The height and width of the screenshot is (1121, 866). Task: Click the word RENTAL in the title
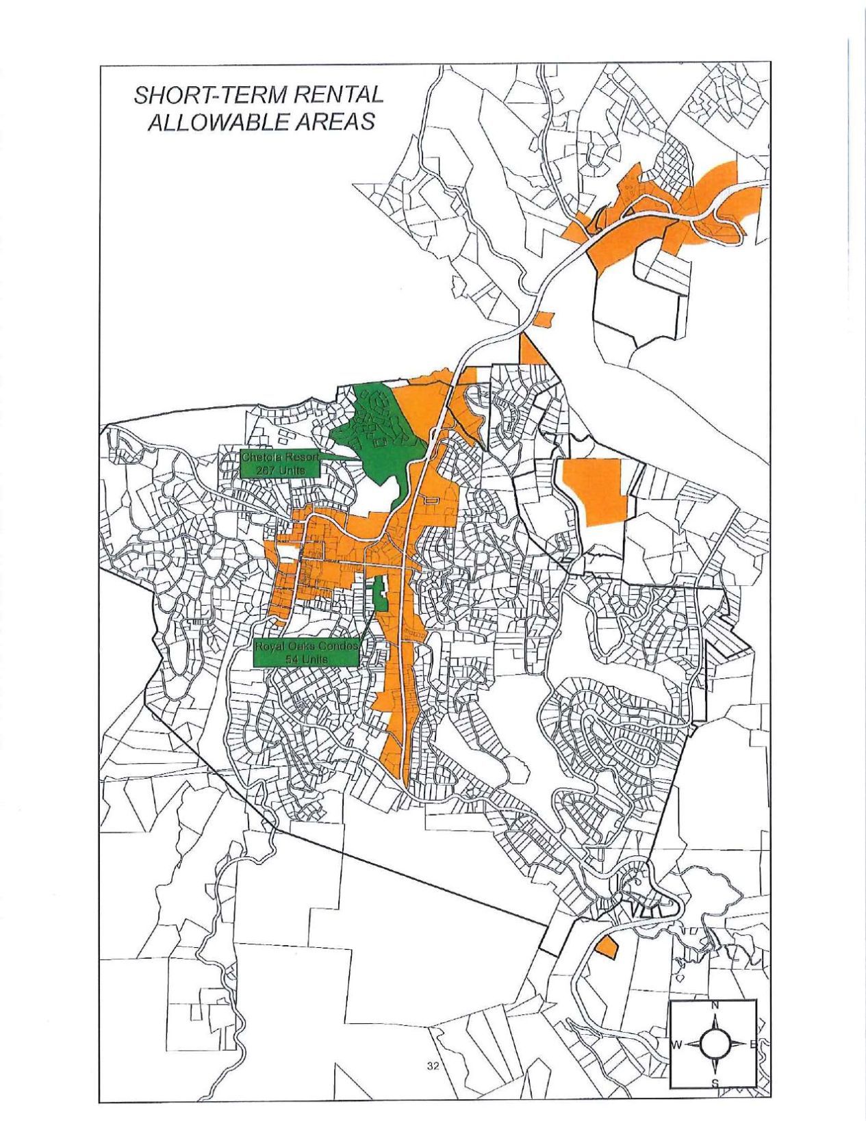point(338,95)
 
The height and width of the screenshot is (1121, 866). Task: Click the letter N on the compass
point(715,1005)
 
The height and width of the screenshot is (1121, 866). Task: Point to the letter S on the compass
point(715,1083)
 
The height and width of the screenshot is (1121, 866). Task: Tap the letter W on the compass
point(676,1044)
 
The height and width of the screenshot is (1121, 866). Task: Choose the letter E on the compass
point(752,1044)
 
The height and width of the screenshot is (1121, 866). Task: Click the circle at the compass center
point(715,1044)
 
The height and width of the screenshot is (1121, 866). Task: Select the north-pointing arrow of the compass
point(715,1019)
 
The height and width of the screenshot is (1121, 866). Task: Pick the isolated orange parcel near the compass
point(606,947)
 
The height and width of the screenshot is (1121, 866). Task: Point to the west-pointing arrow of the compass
point(691,1044)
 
